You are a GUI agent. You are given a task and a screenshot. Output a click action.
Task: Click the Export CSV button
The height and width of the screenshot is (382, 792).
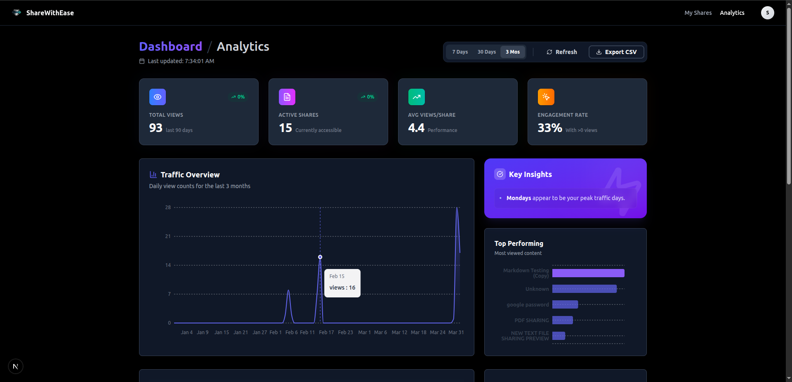tap(616, 52)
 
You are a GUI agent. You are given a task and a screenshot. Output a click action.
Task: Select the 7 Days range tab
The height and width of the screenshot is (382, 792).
tap(460, 52)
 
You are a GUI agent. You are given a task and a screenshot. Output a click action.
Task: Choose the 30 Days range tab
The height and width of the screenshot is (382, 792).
tap(487, 52)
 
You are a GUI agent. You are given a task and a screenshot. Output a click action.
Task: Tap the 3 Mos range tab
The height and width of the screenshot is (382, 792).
tap(513, 52)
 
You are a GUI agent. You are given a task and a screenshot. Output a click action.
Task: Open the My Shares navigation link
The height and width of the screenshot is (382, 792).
tap(698, 13)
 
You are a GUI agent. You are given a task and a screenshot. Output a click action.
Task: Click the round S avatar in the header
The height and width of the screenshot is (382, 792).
tap(767, 13)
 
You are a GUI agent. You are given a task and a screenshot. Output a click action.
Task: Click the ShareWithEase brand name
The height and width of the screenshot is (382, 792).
tap(50, 13)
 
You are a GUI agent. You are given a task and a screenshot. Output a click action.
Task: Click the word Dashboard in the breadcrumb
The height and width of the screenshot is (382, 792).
tap(170, 47)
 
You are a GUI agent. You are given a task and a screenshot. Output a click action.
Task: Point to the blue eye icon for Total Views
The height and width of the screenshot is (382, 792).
tap(158, 97)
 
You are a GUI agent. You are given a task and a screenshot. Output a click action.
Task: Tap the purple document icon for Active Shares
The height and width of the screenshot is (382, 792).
tap(287, 97)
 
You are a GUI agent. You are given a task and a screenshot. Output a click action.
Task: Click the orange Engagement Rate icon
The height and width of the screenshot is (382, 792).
tap(546, 97)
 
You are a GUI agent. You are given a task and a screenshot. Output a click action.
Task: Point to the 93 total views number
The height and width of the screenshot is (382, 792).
tap(156, 128)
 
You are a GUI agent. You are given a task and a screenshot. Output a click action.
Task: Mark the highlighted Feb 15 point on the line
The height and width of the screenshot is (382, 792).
tap(320, 257)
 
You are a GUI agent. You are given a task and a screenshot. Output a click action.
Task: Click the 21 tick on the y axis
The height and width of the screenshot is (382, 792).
tap(168, 236)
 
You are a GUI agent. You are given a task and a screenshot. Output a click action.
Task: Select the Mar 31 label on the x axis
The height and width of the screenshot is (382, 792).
tap(456, 332)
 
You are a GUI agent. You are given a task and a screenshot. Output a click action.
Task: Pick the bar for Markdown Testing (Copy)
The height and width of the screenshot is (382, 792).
tap(588, 273)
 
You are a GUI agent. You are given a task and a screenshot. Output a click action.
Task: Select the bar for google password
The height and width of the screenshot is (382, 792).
tap(565, 305)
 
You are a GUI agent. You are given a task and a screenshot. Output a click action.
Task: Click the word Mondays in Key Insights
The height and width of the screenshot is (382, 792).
tap(519, 198)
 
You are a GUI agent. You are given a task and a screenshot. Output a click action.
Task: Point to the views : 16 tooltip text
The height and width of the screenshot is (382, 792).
tap(342, 288)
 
